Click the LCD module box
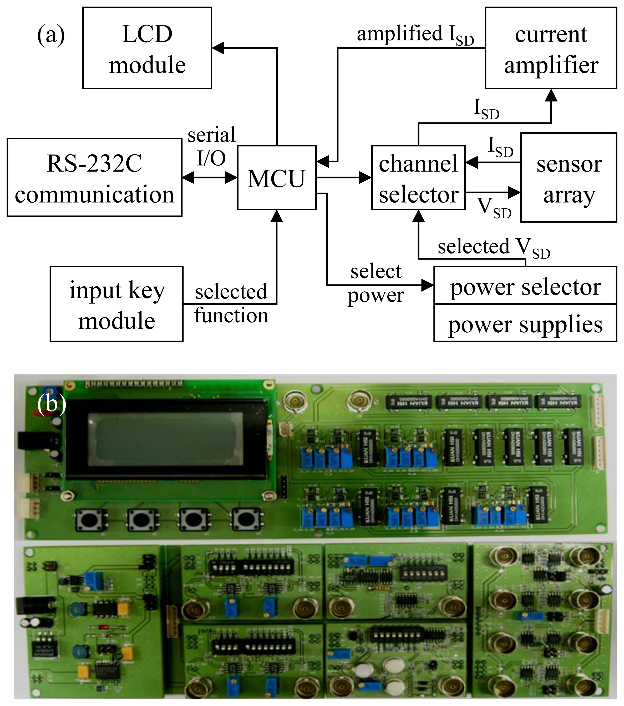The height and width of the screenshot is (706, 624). point(147,48)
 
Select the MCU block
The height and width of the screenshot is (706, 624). point(277,178)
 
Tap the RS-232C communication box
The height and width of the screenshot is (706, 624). point(94,178)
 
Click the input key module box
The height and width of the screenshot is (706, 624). point(116,304)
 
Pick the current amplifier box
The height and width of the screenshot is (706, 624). point(551,48)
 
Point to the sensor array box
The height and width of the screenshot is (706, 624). point(569,178)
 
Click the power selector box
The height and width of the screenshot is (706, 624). point(525,286)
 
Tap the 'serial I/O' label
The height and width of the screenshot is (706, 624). point(211,146)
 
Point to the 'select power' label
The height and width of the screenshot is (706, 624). point(376,283)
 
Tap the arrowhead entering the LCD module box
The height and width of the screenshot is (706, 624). point(219,48)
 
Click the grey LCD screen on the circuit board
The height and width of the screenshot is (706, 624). point(163,439)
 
